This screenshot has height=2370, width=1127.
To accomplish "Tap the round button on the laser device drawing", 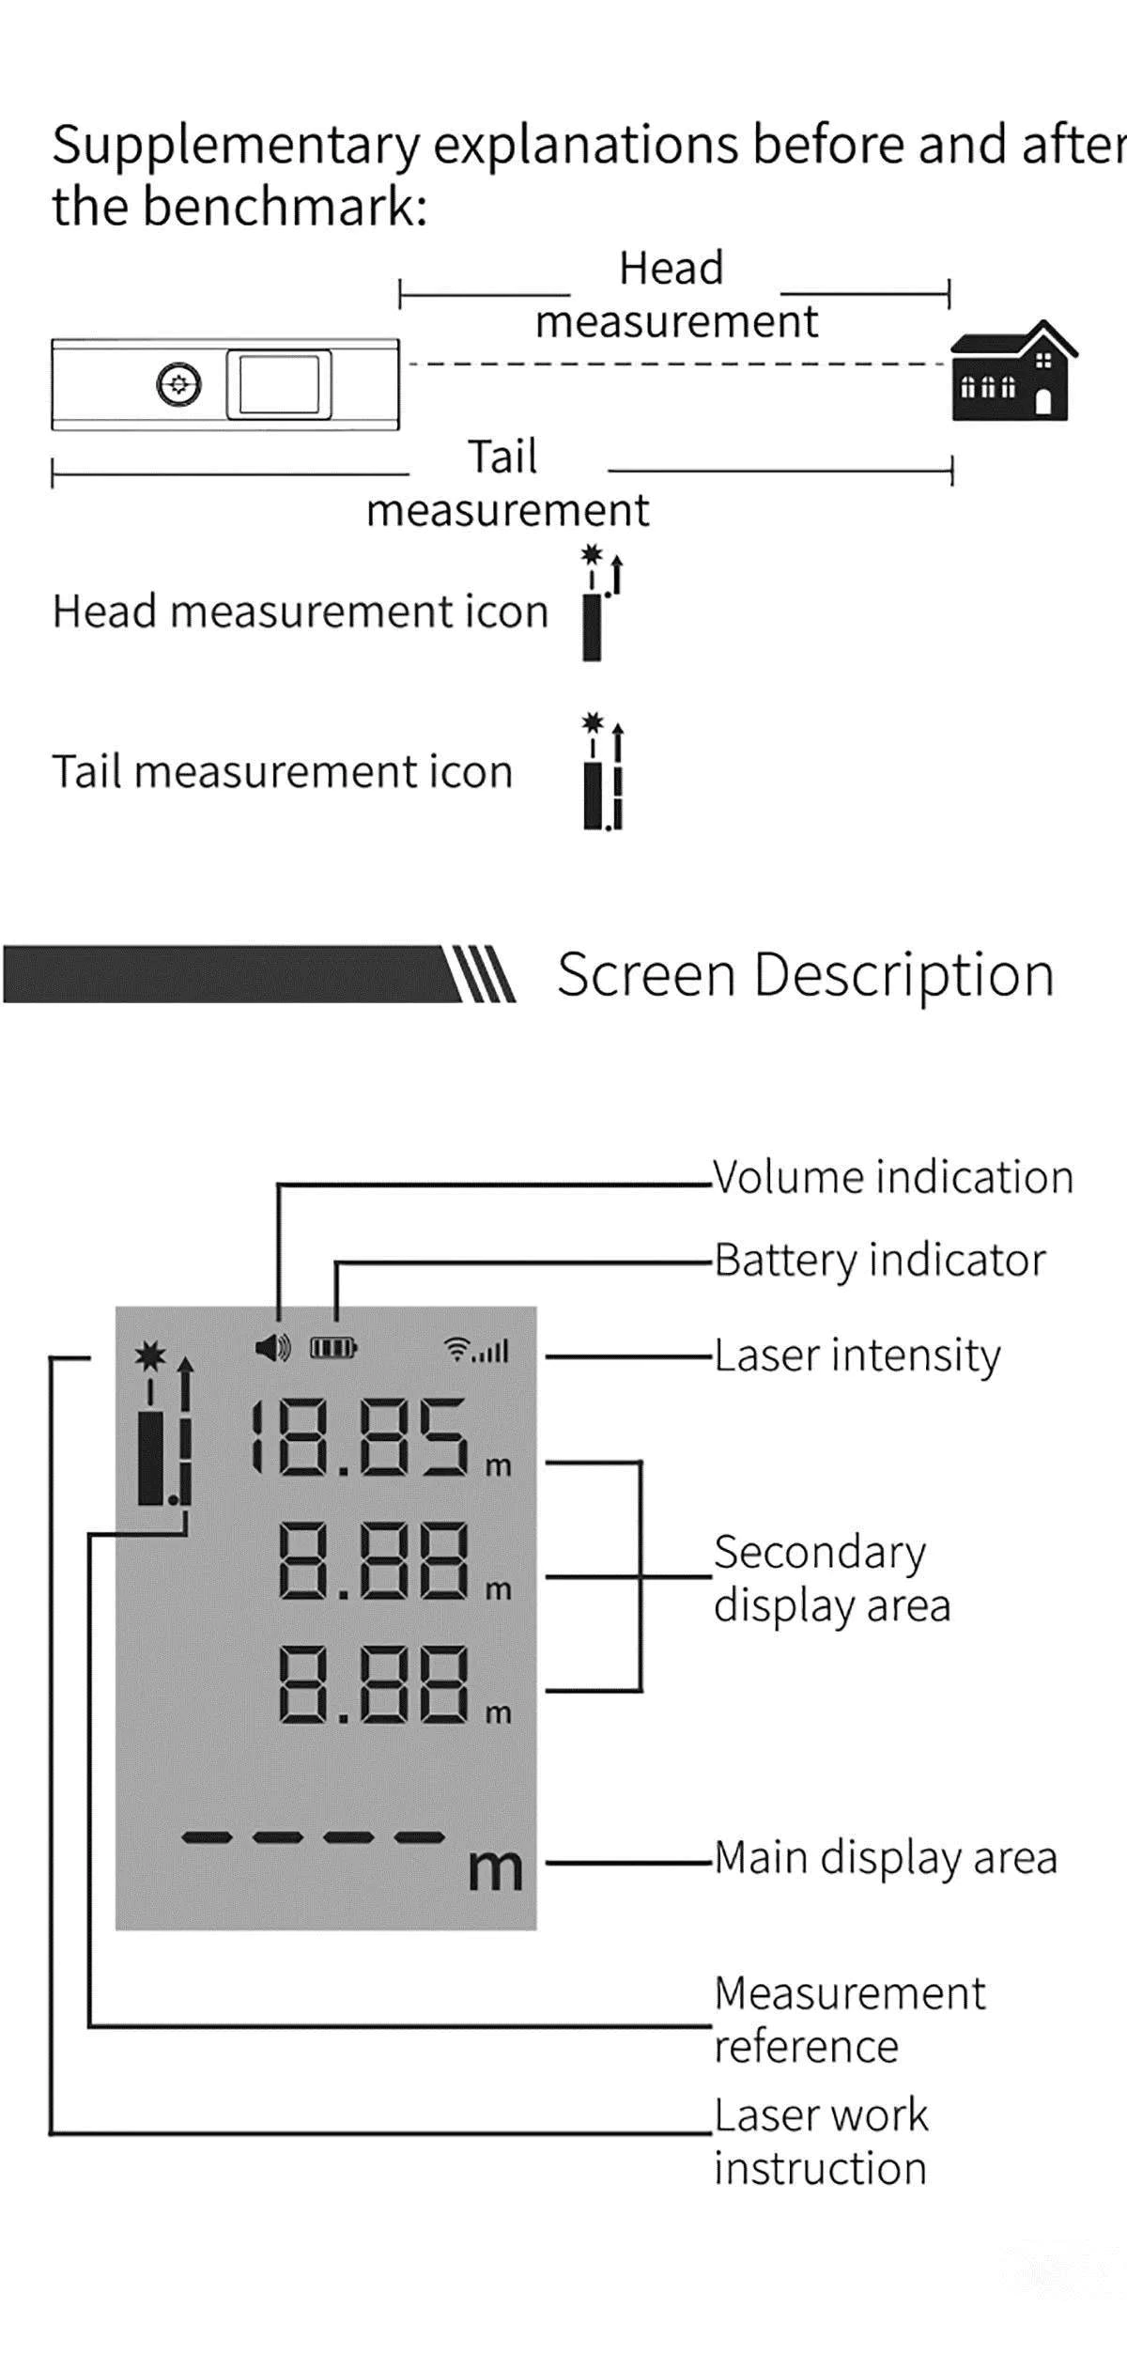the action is tap(178, 384).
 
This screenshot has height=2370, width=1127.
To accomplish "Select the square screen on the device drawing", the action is tap(279, 384).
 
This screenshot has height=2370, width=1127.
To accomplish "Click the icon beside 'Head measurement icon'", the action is tap(601, 603).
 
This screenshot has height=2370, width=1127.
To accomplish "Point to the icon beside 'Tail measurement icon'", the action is tap(602, 771).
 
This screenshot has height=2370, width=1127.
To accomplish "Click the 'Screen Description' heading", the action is tap(806, 974).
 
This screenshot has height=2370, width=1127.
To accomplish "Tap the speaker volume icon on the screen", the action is tap(273, 1349).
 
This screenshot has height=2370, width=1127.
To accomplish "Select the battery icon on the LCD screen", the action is tap(333, 1349).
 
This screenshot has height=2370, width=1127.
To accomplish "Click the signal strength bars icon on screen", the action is tap(477, 1350).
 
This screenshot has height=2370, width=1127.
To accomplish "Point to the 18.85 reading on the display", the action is tap(358, 1437).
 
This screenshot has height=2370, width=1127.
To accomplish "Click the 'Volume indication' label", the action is tap(893, 1177).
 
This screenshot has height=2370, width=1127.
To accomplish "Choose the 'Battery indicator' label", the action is tap(880, 1261).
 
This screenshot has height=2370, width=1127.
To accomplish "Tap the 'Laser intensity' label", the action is tap(857, 1355).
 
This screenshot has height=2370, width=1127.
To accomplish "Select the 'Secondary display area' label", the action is tap(832, 1578).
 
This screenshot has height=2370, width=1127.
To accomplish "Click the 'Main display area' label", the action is tap(886, 1858).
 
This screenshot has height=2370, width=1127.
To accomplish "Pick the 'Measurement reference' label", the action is tap(850, 2019).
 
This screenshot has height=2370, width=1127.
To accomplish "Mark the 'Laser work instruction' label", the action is tap(821, 2142).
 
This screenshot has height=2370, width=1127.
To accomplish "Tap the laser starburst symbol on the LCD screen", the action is tap(149, 1355).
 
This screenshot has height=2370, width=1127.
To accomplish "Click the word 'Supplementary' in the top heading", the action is tap(236, 147).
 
